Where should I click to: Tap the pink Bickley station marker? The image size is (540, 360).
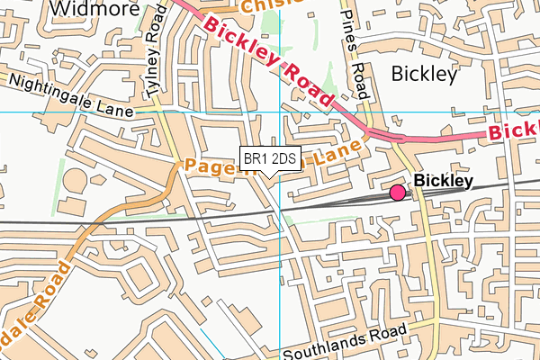pos(397,192)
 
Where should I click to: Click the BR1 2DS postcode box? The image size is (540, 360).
pos(270,159)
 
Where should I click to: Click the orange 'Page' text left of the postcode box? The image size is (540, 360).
pos(210,165)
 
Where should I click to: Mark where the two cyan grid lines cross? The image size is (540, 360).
pos(280,112)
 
